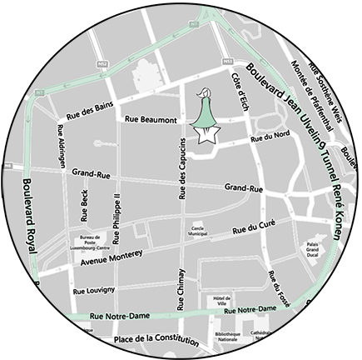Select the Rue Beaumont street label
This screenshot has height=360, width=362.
click(151, 120)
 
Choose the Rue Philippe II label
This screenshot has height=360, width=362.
click(117, 212)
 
